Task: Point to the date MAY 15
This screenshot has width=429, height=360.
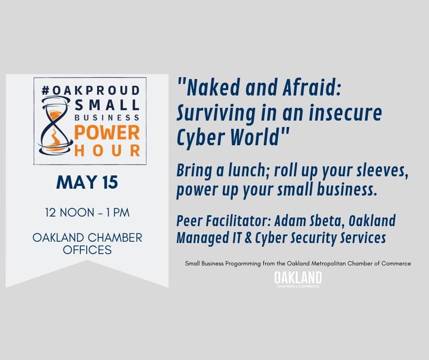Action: pos(87,183)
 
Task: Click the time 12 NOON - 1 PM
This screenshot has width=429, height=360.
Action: pos(87,212)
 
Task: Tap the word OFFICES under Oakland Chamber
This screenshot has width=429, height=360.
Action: pos(87,250)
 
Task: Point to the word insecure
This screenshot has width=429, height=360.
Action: pos(346,112)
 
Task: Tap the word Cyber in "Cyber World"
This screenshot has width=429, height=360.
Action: pos(199,137)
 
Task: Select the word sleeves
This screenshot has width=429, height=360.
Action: pos(382,171)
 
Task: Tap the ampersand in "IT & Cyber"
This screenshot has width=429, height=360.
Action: pos(247,238)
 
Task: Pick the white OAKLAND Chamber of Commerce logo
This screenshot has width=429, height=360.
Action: pos(298,279)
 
